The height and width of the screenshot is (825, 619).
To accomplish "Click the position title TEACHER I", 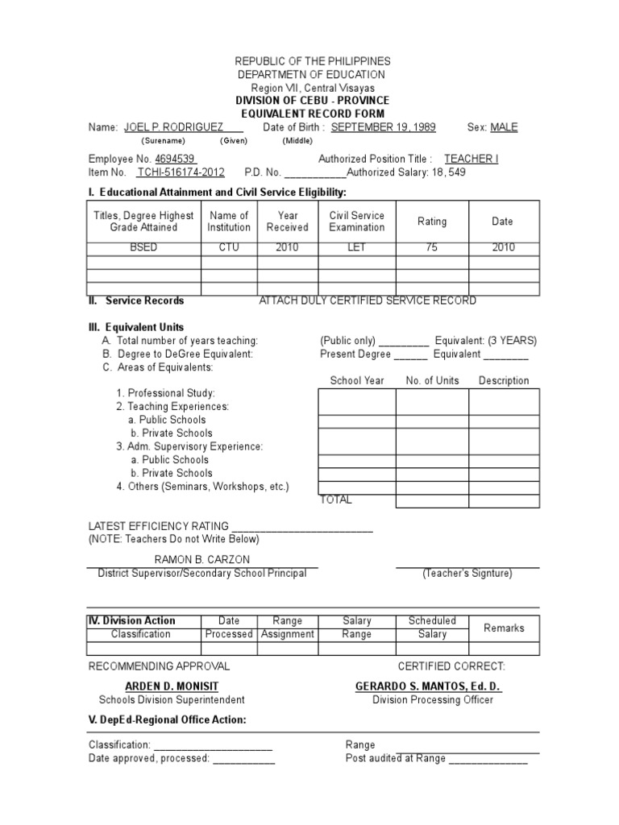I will (x=472, y=159).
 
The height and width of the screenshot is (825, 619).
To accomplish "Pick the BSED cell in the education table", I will (x=143, y=247).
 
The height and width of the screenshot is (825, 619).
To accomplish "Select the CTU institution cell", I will (x=229, y=247).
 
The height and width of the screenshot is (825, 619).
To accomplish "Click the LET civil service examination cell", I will (x=357, y=247).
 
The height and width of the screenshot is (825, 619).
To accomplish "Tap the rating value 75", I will (x=432, y=247).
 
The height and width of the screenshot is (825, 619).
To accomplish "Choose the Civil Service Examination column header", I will (x=357, y=222).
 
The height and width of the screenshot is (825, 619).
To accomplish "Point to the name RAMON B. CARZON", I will (x=202, y=559).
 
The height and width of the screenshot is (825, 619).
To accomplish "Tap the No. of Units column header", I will (x=432, y=380).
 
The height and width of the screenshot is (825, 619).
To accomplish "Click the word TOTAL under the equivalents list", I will (x=336, y=500).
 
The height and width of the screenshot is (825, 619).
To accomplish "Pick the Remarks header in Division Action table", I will (x=504, y=628).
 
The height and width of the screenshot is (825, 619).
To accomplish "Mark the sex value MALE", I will (x=504, y=127).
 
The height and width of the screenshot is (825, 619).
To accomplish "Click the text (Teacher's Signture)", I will (x=467, y=574).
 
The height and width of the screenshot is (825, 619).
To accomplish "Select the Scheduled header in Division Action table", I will (x=432, y=621).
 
